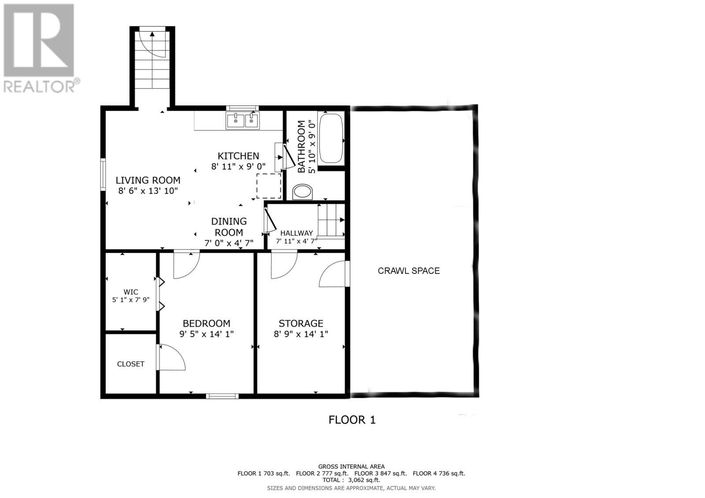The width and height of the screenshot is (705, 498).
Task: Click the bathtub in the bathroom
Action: pyautogui.click(x=330, y=138)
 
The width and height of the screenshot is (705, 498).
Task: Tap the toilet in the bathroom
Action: pyautogui.click(x=303, y=192)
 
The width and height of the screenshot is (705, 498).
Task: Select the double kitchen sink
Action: pyautogui.click(x=243, y=120)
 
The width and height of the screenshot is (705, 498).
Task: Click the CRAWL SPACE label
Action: pyautogui.click(x=408, y=271)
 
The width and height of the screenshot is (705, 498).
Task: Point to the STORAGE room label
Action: pyautogui.click(x=301, y=324)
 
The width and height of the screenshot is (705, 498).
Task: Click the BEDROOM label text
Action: pyautogui.click(x=206, y=324)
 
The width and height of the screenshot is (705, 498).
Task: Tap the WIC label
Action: pyautogui.click(x=131, y=292)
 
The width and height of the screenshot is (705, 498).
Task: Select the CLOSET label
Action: pyautogui.click(x=130, y=364)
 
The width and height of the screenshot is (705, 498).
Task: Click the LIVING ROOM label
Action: pyautogui.click(x=148, y=180)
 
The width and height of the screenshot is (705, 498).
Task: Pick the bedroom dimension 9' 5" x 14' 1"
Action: pyautogui.click(x=206, y=334)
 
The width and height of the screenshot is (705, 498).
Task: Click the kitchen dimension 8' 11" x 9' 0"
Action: pyautogui.click(x=238, y=166)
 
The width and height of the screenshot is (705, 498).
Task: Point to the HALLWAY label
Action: pyautogui.click(x=297, y=233)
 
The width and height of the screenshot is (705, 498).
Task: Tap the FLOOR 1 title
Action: pyautogui.click(x=352, y=420)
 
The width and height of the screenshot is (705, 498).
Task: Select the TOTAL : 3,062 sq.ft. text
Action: pyautogui.click(x=351, y=480)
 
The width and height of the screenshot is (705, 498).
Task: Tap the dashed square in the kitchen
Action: pyautogui.click(x=269, y=186)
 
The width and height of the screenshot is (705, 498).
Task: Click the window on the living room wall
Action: pyautogui.click(x=103, y=174)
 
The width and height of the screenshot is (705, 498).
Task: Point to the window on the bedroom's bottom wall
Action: pyautogui.click(x=223, y=396)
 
